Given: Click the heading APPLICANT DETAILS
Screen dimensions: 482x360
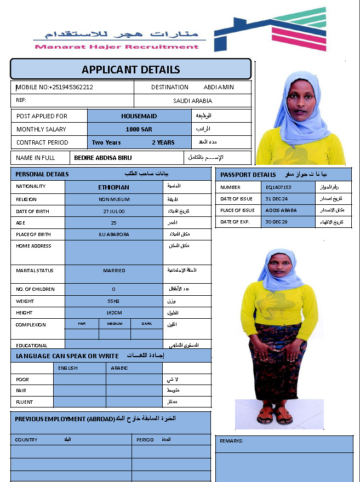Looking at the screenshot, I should [x=130, y=70].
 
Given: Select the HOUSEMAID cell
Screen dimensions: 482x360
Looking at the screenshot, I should [x=139, y=116].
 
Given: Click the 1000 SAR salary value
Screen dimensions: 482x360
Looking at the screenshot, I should [x=139, y=129].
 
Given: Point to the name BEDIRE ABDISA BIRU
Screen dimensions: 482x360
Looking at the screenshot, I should [x=103, y=158].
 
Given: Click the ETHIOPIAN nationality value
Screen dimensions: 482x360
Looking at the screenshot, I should [x=113, y=187].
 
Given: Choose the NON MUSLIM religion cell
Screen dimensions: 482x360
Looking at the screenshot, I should [x=113, y=199].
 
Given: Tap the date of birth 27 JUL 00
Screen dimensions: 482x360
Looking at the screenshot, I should [x=113, y=211].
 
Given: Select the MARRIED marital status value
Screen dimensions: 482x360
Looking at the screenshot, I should [x=113, y=271].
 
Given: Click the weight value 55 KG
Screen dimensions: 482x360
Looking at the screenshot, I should [x=113, y=301].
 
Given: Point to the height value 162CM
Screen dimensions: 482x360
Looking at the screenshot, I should [x=113, y=313].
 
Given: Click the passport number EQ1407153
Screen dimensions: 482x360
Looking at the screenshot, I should [x=278, y=187].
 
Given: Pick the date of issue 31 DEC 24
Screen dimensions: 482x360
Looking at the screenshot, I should [x=277, y=199].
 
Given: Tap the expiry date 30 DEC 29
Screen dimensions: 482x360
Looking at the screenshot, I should [x=277, y=222].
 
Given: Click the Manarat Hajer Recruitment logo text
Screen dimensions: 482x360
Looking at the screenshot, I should [x=117, y=47].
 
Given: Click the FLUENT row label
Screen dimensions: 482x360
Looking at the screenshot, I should [x=24, y=402].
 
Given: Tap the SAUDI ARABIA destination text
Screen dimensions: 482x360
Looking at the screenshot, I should [x=192, y=101].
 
